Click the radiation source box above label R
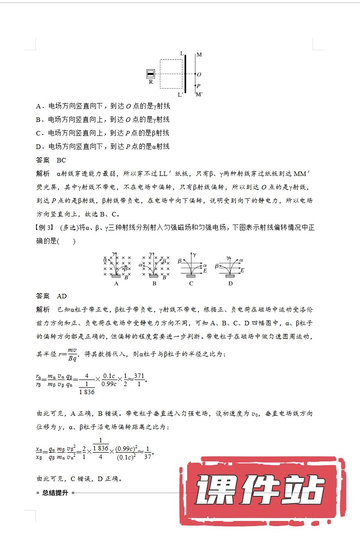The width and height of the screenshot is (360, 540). coord(151,74)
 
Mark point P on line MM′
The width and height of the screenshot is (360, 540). coord(195,85)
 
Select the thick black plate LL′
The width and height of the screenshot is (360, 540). coord(185,74)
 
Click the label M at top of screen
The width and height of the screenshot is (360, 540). coord(199,55)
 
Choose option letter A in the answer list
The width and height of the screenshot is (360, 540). coord(38,106)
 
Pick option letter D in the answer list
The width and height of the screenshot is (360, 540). coord(38,146)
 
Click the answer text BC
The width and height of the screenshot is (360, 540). coord(62,160)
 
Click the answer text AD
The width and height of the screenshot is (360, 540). coord(62,296)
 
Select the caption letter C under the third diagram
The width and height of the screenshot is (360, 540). coord(191,283)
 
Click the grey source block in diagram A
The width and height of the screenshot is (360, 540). coord(116,276)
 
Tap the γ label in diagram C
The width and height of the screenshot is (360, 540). coord(194,255)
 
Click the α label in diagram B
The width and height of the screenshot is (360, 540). coord(141,265)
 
